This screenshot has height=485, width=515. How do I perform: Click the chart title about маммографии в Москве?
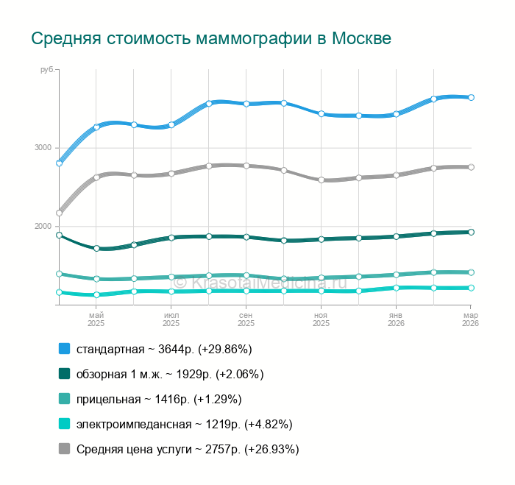[x=210, y=38]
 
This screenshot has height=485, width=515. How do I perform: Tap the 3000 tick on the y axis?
[x=43, y=148]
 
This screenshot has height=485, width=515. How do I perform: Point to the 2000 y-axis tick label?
[x=43, y=227]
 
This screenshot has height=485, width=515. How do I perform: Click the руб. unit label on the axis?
[x=47, y=69]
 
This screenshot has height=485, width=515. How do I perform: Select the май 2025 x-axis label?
[x=96, y=319]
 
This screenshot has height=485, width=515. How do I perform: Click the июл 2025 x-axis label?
[x=171, y=319]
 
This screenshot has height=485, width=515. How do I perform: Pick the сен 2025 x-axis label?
[x=246, y=319]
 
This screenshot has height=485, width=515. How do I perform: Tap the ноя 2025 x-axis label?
[x=321, y=319]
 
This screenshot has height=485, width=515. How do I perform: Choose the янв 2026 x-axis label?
[x=396, y=319]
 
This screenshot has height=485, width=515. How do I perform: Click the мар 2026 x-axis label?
[x=469, y=319]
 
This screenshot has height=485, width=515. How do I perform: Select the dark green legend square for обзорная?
[x=64, y=374]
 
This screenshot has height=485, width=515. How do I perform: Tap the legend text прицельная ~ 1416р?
[x=159, y=399]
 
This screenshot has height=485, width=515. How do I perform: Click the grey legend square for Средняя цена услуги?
[x=64, y=449]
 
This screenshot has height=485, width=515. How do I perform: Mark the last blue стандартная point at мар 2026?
[x=471, y=97]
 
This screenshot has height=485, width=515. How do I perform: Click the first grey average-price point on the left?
[x=60, y=213]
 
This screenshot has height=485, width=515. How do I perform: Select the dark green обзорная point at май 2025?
[x=96, y=248]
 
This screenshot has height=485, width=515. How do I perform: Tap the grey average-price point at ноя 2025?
[x=321, y=180]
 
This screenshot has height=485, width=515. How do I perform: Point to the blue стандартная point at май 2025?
[x=96, y=127]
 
